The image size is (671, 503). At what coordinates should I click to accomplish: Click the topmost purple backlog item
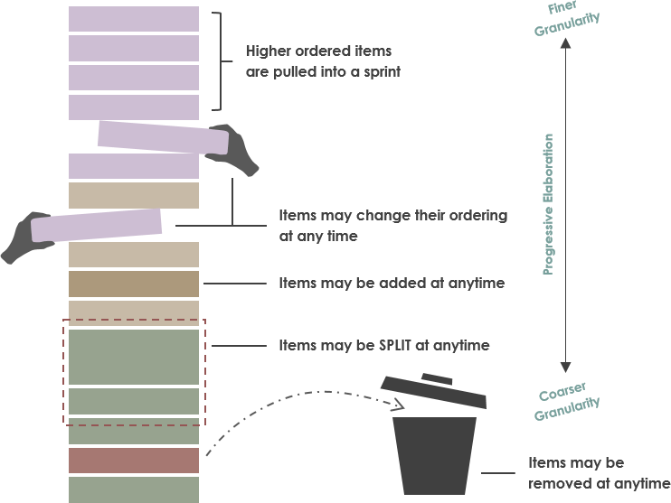pyautogui.click(x=133, y=19)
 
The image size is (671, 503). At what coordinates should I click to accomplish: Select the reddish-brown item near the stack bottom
pyautogui.click(x=133, y=461)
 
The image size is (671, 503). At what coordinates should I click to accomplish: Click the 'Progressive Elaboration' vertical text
pyautogui.click(x=548, y=204)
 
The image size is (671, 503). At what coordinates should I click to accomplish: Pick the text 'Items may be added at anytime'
pyautogui.click(x=391, y=283)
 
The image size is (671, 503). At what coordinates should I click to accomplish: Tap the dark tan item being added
pyautogui.click(x=133, y=284)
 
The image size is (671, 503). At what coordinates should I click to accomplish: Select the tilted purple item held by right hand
pyautogui.click(x=162, y=137)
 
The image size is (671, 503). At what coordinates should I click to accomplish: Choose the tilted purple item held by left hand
pyautogui.click(x=97, y=225)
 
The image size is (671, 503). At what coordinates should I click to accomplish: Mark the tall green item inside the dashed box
pyautogui.click(x=133, y=357)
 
